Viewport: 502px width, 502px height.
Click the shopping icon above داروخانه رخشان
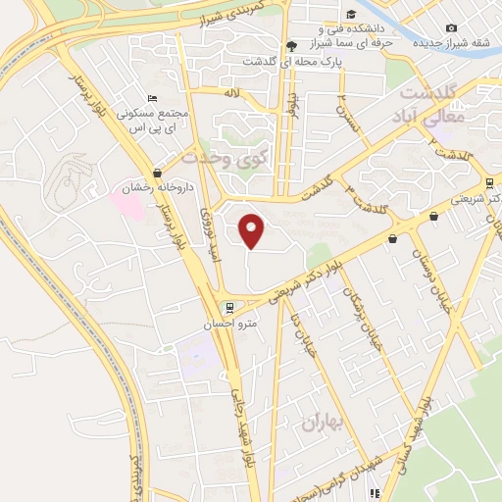coord(158,173)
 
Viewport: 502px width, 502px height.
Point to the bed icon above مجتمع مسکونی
coord(151,99)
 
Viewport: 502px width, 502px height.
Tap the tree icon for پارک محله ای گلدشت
coord(290,45)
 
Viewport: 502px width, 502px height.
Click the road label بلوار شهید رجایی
coord(238,417)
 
